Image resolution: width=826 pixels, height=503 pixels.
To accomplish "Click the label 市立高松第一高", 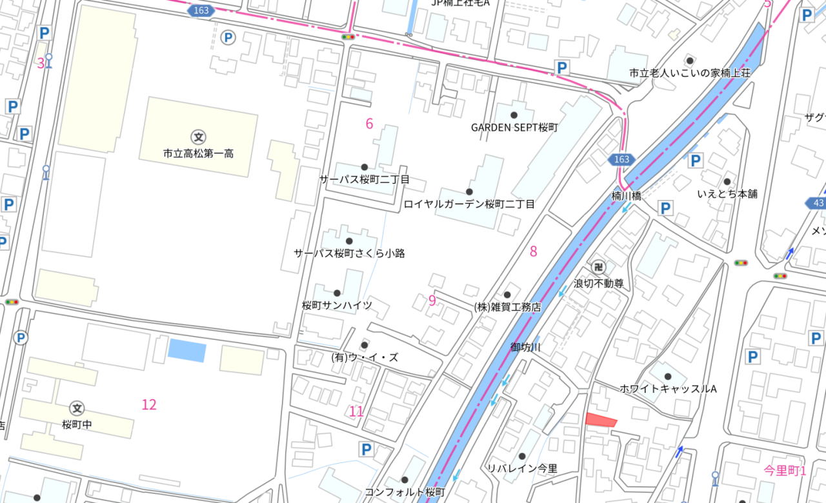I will [x=198, y=154].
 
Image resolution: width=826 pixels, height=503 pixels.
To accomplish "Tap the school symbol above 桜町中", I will [x=77, y=408].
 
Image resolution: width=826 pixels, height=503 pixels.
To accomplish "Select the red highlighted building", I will [x=601, y=420].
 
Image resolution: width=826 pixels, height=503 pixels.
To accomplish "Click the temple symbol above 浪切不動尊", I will [x=599, y=267].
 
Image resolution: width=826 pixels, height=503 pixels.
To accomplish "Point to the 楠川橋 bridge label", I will [x=626, y=195].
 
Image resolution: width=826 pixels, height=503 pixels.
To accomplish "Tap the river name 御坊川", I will [x=525, y=348].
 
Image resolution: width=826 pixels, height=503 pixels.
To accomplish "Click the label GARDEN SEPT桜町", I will [x=514, y=128].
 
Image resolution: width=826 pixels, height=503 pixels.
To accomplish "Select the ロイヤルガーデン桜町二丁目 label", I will [x=469, y=204].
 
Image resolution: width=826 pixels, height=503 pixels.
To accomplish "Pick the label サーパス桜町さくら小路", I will [x=349, y=253].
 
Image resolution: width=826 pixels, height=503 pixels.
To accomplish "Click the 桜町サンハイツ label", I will [x=336, y=305].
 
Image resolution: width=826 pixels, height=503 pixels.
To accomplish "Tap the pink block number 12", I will [x=149, y=404].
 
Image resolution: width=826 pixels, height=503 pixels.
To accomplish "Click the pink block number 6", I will [x=369, y=124].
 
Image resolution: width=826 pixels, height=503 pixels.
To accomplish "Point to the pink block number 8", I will [x=533, y=252].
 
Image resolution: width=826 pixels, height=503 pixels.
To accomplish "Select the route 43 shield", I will [x=817, y=204].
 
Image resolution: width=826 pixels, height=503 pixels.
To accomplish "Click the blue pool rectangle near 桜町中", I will [x=186, y=350].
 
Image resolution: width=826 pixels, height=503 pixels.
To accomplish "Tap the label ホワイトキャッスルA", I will [x=668, y=389].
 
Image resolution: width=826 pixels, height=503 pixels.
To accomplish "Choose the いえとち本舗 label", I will [x=727, y=193].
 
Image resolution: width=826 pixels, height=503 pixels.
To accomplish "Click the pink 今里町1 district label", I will [x=784, y=470].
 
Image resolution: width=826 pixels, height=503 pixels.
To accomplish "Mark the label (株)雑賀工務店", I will [x=507, y=307].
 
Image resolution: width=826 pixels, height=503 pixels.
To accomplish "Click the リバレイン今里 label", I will [x=521, y=469].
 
